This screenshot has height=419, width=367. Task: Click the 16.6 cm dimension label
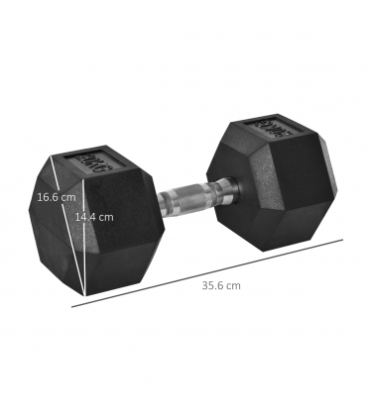(x=56, y=197)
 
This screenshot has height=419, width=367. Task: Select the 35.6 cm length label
(x=220, y=285)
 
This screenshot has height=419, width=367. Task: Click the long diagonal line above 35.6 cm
(x=208, y=271)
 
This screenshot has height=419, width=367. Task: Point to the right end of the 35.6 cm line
(x=342, y=239)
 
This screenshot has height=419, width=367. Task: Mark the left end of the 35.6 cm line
(x=72, y=306)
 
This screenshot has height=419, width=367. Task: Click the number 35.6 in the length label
(x=214, y=285)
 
